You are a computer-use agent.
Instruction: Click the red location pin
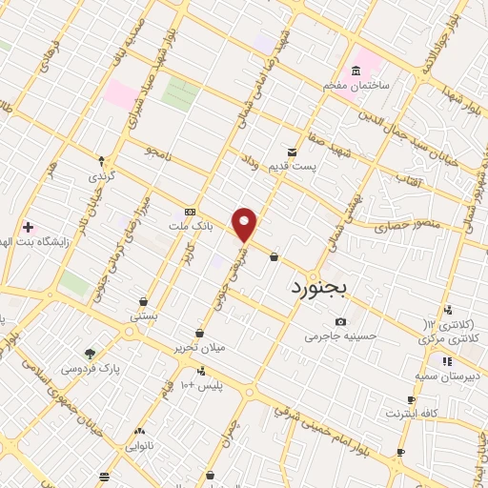(x=245, y=224)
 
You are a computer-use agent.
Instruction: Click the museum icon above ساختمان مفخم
(x=356, y=71)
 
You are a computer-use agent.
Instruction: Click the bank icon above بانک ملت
(x=190, y=212)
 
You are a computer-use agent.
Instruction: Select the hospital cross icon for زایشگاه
(x=28, y=227)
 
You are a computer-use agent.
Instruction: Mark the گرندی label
(x=101, y=177)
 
